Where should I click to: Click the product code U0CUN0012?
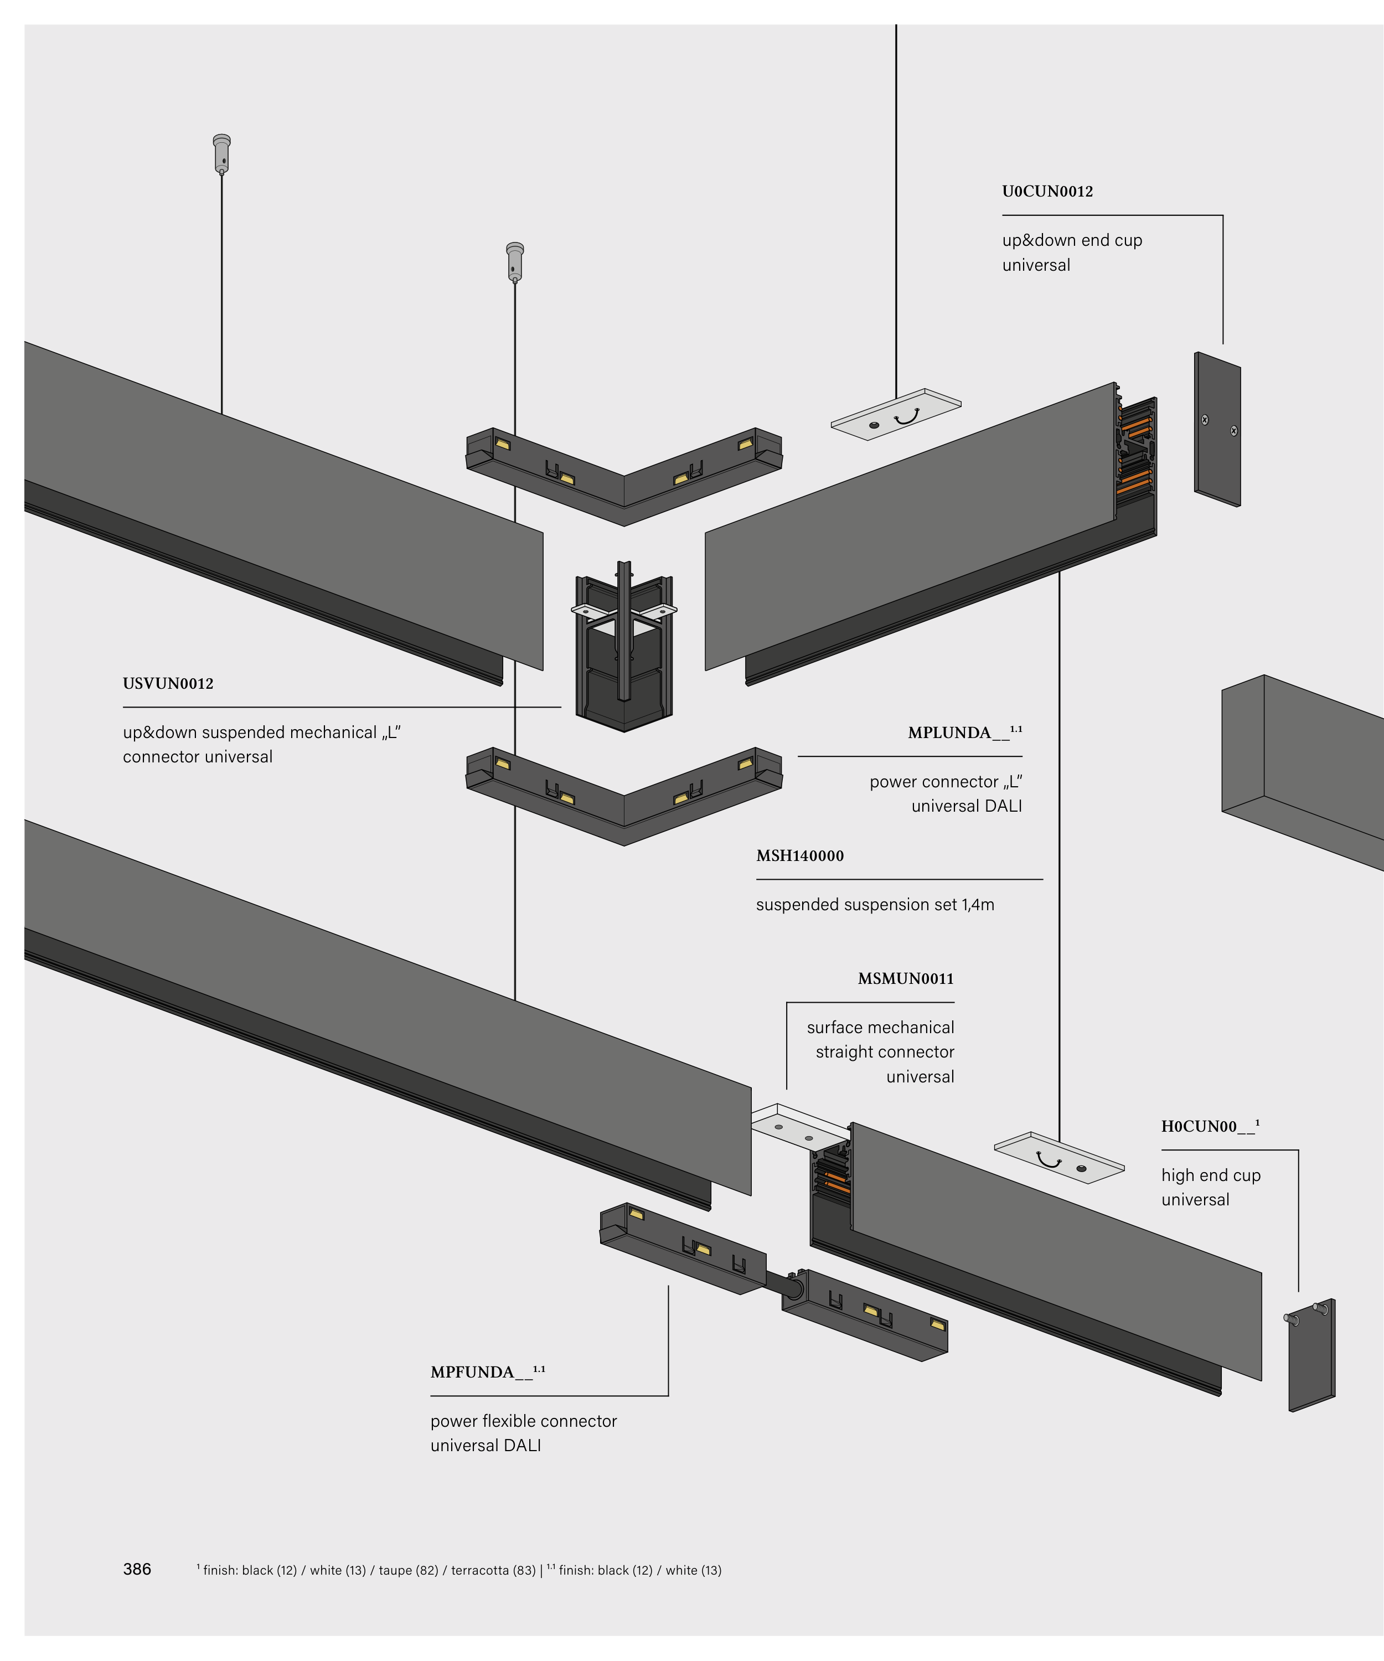coord(1047,192)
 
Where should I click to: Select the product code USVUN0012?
coord(168,683)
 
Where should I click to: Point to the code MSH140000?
coord(799,856)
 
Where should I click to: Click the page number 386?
coord(137,1569)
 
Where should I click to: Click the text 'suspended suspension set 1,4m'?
coord(875,905)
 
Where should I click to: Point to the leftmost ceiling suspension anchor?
coord(222,153)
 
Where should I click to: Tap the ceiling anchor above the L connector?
coord(515,261)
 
